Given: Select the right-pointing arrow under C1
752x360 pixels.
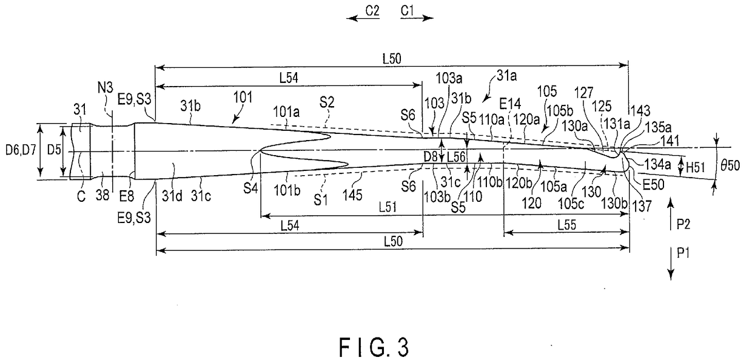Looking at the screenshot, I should click(418, 19).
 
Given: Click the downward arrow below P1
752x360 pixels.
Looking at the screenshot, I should click(671, 267).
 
